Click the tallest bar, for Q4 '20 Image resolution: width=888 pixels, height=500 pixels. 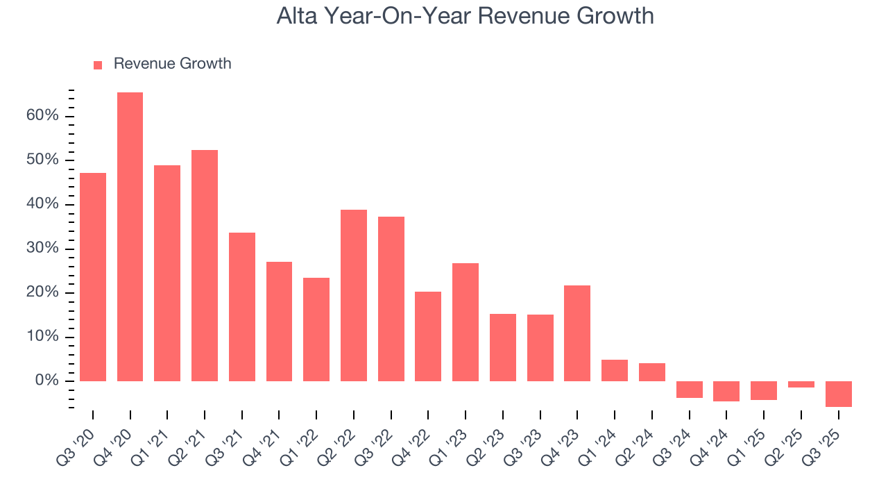130,236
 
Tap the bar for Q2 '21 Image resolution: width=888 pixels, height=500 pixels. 205,265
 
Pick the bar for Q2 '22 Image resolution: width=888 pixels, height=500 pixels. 354,295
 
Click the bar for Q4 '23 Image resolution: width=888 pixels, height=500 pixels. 577,333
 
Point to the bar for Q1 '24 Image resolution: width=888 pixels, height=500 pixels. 615,370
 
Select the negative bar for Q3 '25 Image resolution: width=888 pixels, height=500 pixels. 838,394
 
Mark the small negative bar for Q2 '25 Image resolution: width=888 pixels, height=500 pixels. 801,384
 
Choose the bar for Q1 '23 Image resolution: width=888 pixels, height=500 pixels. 466,322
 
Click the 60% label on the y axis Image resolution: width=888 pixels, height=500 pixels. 42,115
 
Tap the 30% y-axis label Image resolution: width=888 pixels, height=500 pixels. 42,248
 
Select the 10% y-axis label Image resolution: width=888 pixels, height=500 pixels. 42,337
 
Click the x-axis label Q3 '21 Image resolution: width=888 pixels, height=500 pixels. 231,439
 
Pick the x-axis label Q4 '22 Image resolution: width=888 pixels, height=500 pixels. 418,439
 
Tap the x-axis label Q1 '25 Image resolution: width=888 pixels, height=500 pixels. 753,439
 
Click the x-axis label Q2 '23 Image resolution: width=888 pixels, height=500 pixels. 492,439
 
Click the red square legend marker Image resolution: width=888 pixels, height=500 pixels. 98,65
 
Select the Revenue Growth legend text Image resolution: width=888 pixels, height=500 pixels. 172,64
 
